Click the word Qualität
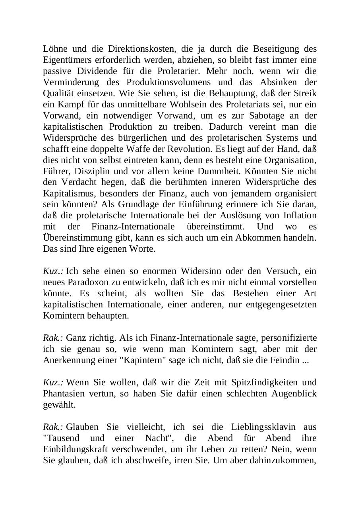tap(58, 93)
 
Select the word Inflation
tap(300, 216)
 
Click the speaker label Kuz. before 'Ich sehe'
tap(53, 271)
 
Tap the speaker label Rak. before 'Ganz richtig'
tap(53, 338)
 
